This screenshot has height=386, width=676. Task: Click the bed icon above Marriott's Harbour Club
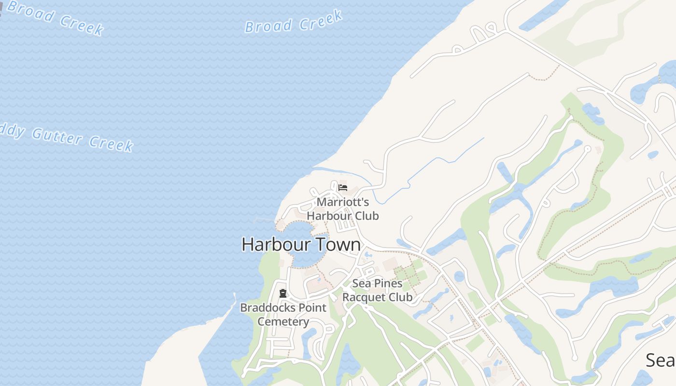[x=343, y=188]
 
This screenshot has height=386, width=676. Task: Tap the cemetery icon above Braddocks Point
[x=283, y=293]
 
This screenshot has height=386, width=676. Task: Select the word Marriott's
[x=342, y=202]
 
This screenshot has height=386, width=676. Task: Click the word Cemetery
[x=283, y=321]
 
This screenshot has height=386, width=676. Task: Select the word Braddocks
[x=263, y=308]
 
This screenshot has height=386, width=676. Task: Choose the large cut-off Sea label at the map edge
[x=661, y=360]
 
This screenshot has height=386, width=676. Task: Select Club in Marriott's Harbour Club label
[x=366, y=216]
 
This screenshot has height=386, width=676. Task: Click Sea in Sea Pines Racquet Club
[x=362, y=283]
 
